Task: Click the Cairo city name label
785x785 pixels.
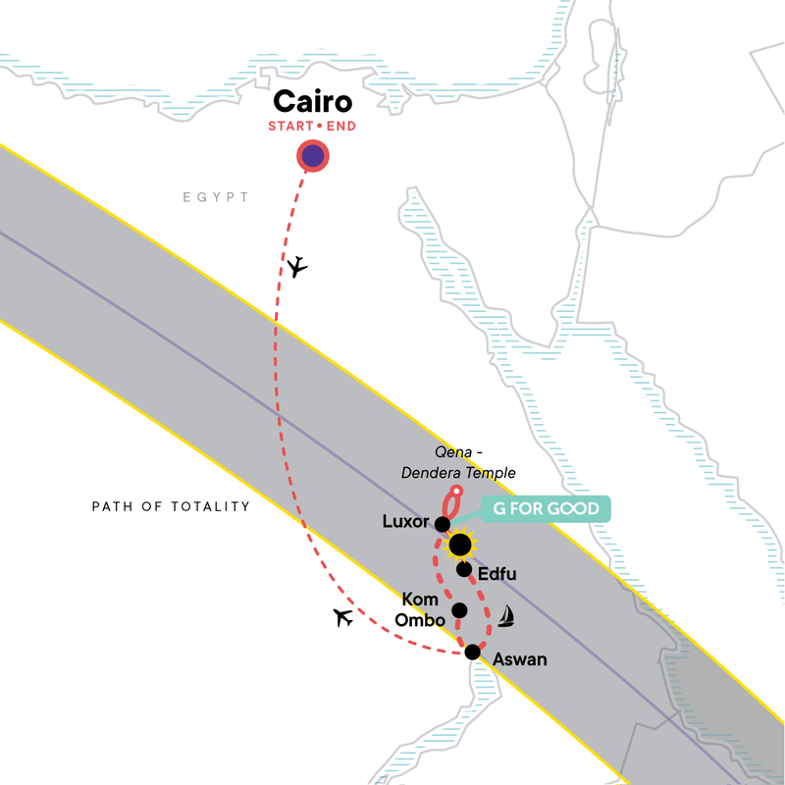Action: (x=313, y=102)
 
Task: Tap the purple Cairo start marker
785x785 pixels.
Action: (x=312, y=156)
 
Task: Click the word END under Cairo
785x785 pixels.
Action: (x=338, y=127)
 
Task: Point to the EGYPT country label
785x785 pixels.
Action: (x=216, y=198)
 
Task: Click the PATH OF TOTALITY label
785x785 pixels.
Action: (x=171, y=507)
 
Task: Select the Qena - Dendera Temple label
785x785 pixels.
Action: (x=458, y=464)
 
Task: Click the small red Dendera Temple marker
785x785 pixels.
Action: (x=455, y=492)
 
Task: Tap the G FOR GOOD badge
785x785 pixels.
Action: (x=546, y=509)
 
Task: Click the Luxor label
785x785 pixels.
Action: (x=407, y=522)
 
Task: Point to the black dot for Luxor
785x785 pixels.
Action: (x=443, y=524)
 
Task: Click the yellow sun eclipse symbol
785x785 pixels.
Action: (x=458, y=545)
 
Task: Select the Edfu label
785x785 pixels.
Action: (x=496, y=573)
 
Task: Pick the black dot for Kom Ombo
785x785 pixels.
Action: (x=458, y=610)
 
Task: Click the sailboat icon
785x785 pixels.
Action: (x=506, y=616)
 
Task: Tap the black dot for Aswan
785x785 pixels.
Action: (x=473, y=652)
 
